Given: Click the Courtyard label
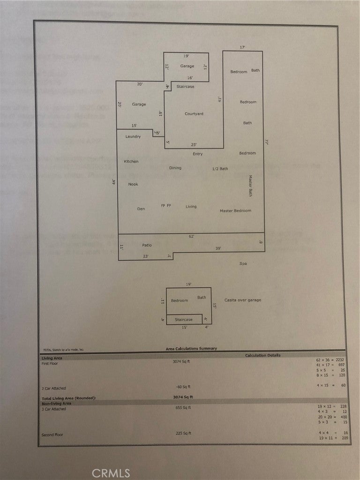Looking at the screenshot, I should (x=194, y=114).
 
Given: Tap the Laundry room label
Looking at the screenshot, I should (x=133, y=137).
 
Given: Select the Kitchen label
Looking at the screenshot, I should (x=131, y=162).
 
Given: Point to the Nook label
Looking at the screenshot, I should (x=133, y=184).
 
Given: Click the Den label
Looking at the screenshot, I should (x=141, y=208).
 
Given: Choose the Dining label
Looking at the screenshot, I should (x=175, y=168).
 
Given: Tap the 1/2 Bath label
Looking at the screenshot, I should (x=220, y=169).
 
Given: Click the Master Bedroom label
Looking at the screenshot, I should (x=235, y=211).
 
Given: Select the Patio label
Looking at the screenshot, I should (x=147, y=245).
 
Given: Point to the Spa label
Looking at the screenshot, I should (x=243, y=264).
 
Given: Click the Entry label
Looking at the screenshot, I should (x=197, y=154).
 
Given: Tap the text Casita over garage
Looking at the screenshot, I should (x=242, y=300).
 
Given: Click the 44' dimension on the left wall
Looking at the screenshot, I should (x=113, y=183).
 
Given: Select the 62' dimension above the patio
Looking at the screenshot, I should (x=191, y=237).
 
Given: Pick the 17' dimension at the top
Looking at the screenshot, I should (x=242, y=48).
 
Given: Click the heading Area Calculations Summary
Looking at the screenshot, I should (x=191, y=349).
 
